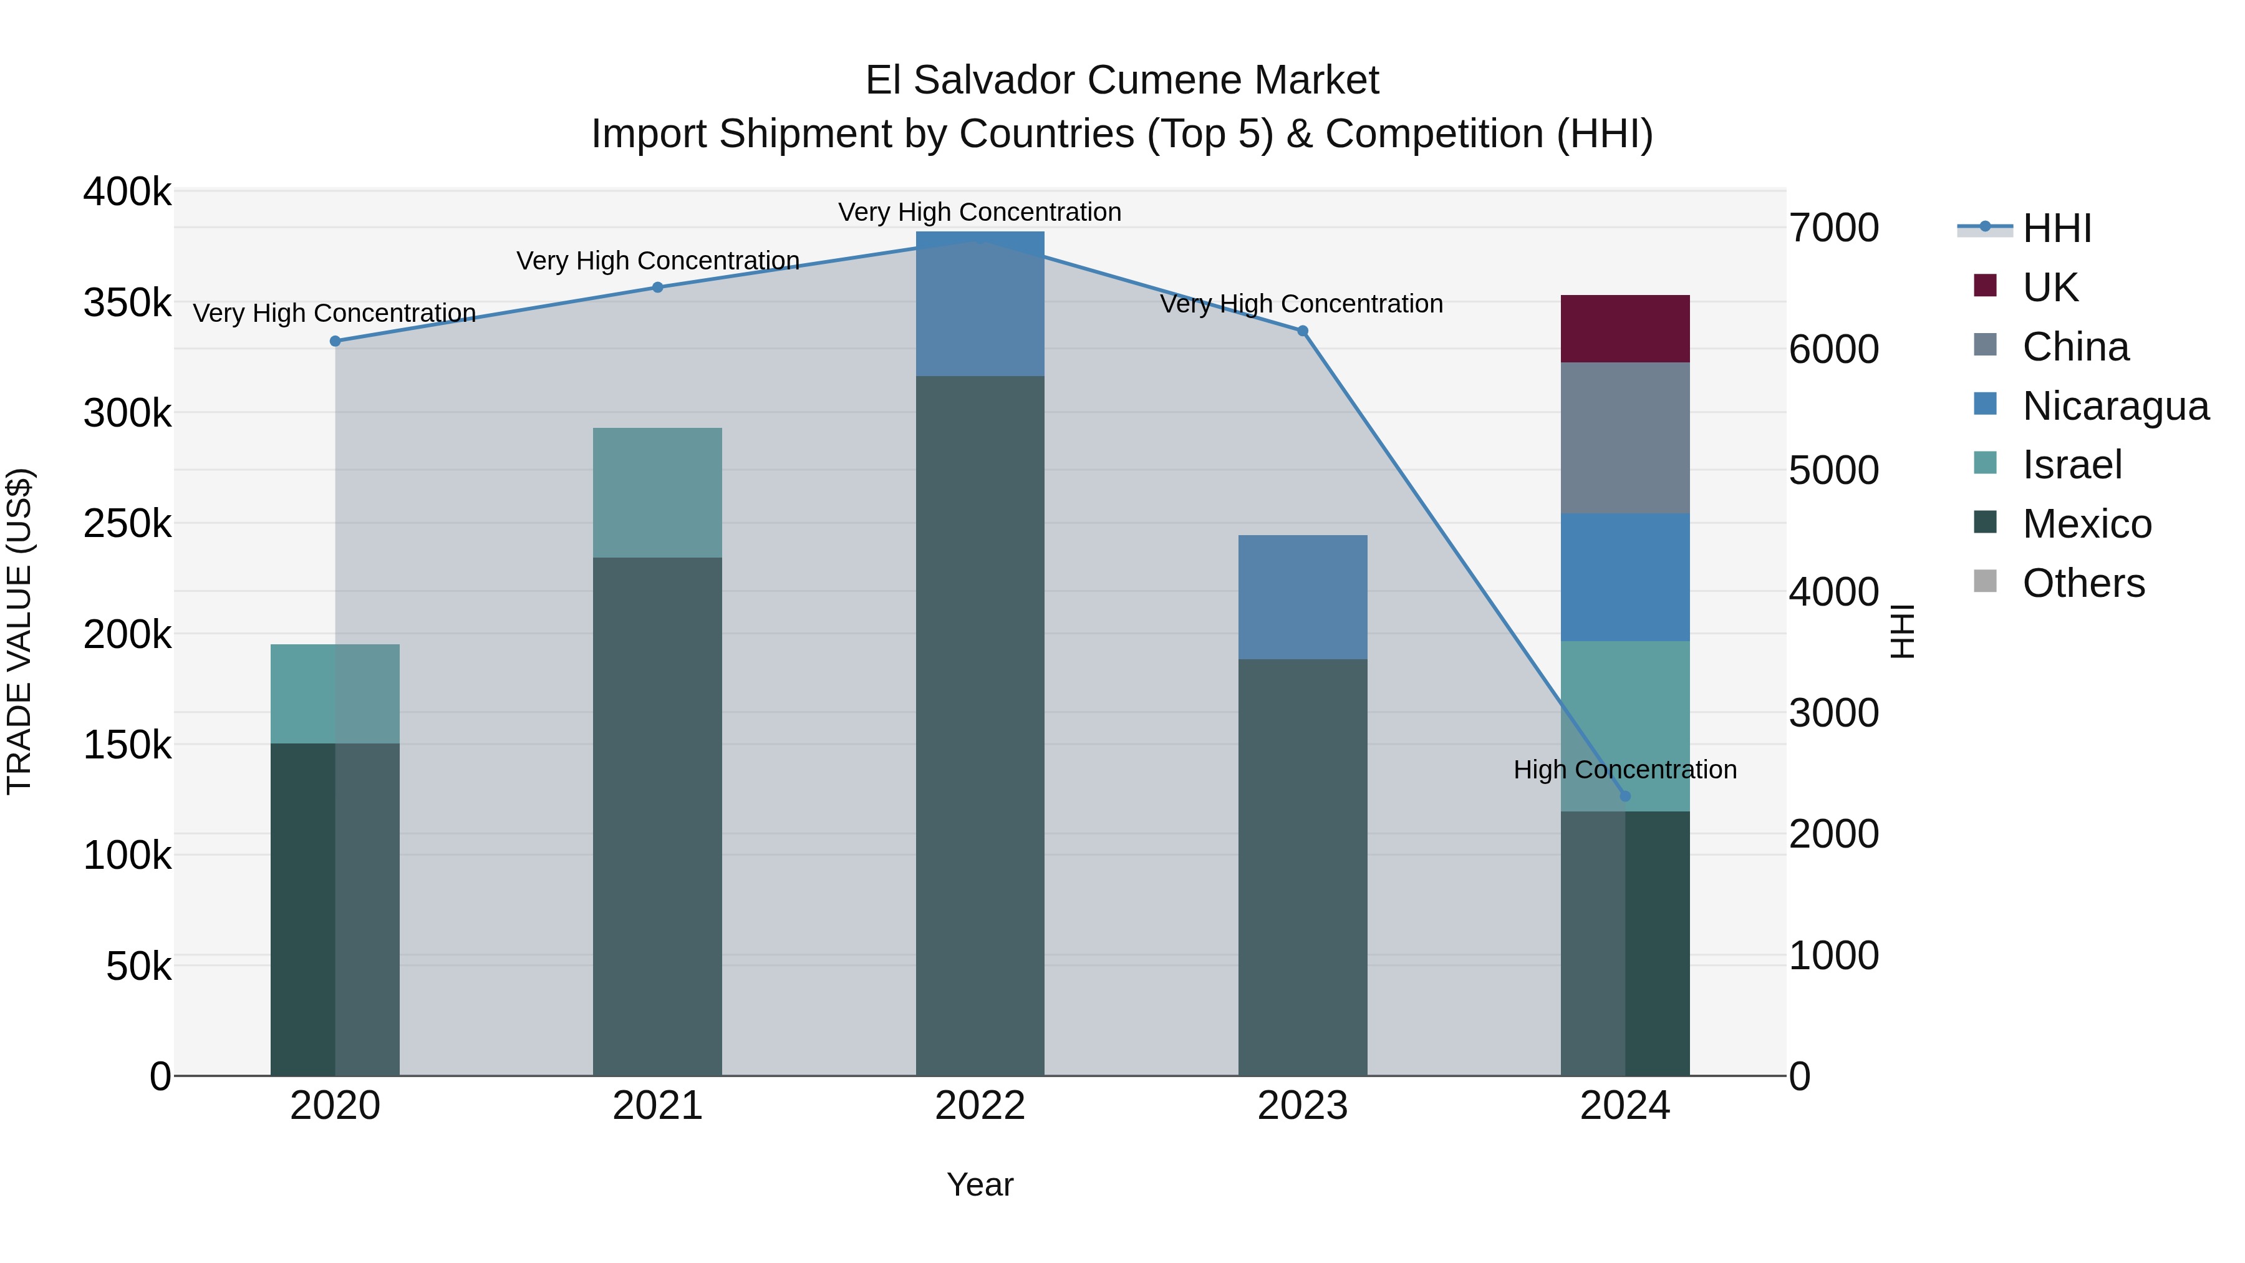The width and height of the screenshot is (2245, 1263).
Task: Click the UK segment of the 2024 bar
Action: [1625, 329]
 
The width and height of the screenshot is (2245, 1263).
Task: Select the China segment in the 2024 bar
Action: [1625, 438]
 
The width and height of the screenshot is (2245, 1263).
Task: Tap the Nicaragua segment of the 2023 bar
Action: [1302, 597]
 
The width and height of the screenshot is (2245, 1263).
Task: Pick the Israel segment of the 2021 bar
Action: [657, 493]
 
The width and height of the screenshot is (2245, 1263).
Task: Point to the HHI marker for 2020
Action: [335, 341]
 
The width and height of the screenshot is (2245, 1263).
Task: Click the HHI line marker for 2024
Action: [1625, 796]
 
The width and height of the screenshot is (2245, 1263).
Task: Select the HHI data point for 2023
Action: [1302, 331]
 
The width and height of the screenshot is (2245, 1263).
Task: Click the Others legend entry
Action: [2083, 583]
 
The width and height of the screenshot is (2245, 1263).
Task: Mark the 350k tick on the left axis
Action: [127, 303]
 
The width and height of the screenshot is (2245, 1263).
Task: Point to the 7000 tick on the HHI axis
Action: [1833, 228]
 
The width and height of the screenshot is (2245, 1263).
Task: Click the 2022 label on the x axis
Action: [980, 1106]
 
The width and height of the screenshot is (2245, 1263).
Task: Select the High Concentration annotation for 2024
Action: [1625, 770]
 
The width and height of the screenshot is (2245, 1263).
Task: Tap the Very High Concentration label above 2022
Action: [980, 212]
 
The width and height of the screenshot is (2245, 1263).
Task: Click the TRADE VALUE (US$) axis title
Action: [19, 631]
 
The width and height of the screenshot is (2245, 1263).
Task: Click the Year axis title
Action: [980, 1184]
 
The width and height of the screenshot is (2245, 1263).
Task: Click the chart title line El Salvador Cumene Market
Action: [1122, 80]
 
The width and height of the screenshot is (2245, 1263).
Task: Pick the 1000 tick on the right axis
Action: [1833, 956]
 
